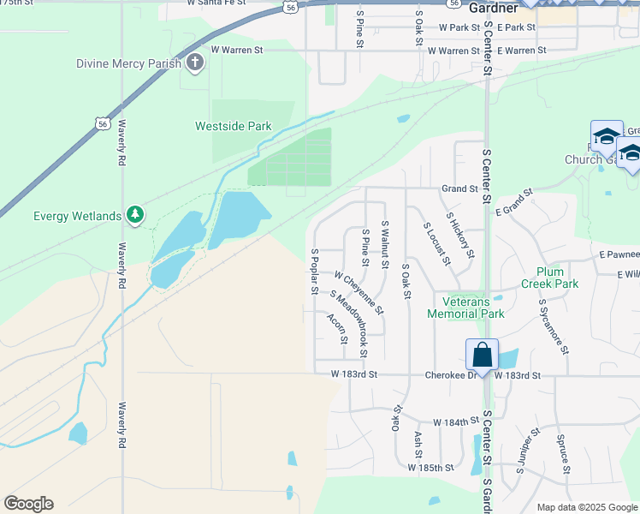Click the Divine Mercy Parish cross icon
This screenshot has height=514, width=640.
195,63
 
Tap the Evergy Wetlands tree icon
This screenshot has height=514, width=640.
134,215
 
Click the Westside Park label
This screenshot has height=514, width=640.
234,127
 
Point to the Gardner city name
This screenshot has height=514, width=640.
494,8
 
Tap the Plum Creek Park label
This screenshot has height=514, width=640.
550,277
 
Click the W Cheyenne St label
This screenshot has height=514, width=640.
359,293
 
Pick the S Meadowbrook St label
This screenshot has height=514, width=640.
349,324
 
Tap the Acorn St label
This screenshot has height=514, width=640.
336,328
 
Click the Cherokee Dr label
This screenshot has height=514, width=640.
447,375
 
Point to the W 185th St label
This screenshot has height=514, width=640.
430,468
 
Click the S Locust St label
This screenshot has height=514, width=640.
436,242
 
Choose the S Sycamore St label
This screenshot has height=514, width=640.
553,326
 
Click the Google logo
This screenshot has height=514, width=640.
28,504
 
